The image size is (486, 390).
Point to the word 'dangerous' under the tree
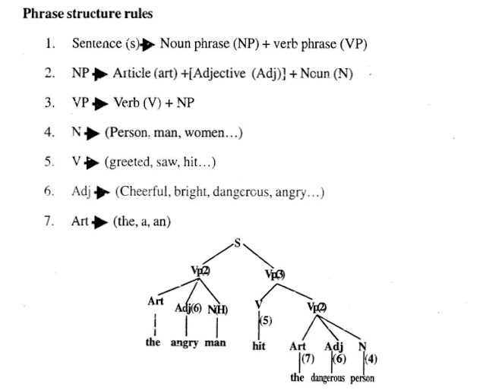click(x=328, y=377)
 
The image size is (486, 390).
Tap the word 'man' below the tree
click(x=216, y=342)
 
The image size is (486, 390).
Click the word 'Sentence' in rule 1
click(x=95, y=43)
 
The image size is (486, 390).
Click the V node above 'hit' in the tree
click(x=258, y=304)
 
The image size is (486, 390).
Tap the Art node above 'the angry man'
click(x=156, y=300)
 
